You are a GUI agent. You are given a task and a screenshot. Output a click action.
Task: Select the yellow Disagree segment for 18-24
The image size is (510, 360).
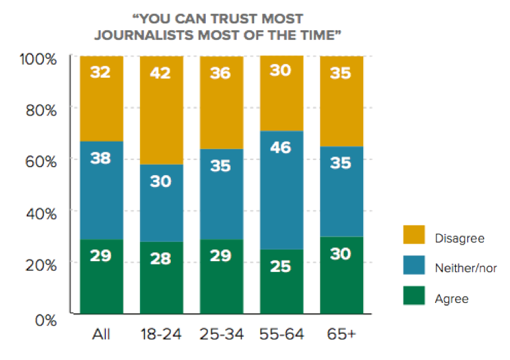[161, 110]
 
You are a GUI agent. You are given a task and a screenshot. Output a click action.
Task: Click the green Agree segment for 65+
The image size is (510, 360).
[341, 275]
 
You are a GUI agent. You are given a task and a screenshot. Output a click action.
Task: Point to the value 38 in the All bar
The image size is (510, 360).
[101, 159]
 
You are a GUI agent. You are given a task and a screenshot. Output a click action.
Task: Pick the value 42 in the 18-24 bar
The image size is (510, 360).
[161, 73]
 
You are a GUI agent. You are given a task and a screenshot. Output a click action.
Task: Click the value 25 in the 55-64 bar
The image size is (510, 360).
[281, 265]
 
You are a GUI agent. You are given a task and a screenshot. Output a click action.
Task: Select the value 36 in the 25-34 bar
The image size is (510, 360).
[220, 73]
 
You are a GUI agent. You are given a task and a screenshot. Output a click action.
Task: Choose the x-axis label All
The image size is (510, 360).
[101, 336]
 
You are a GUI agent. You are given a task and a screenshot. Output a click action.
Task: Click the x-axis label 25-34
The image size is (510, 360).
[220, 336]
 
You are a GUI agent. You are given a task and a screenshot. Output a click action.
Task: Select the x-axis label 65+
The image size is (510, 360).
[341, 336]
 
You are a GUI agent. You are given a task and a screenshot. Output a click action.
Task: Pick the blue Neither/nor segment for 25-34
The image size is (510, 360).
[220, 194]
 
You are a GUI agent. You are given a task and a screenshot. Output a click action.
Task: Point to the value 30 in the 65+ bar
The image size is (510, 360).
[341, 254]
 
